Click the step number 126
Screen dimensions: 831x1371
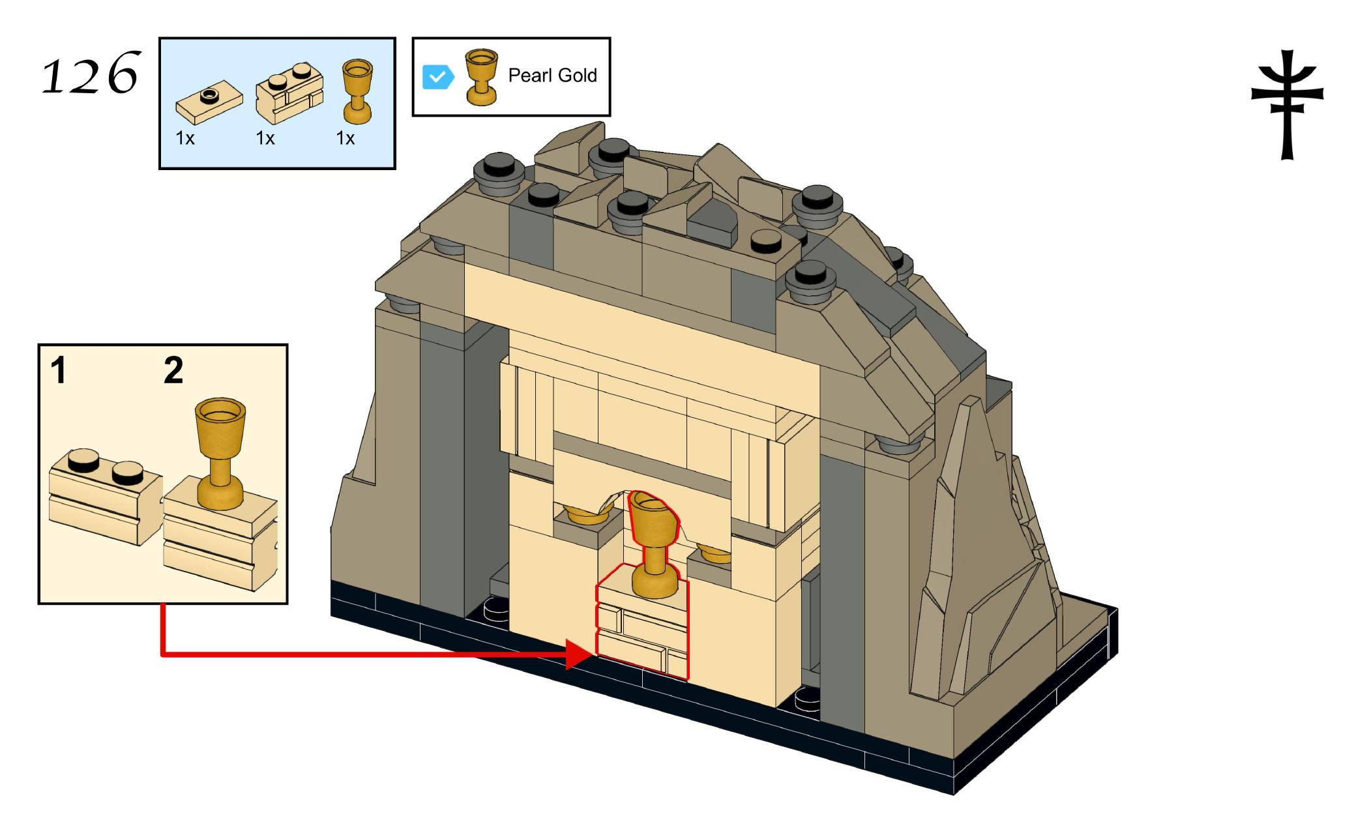90,74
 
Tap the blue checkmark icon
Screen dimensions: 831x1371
438,77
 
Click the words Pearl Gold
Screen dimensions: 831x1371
552,76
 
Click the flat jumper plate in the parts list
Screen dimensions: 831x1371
209,105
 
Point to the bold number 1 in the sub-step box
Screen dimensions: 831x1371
59,371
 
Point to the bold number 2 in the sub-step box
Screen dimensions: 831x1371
173,371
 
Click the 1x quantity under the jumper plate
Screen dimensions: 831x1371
185,139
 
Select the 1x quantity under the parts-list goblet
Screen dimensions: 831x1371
345,139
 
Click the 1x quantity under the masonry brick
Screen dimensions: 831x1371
265,139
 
